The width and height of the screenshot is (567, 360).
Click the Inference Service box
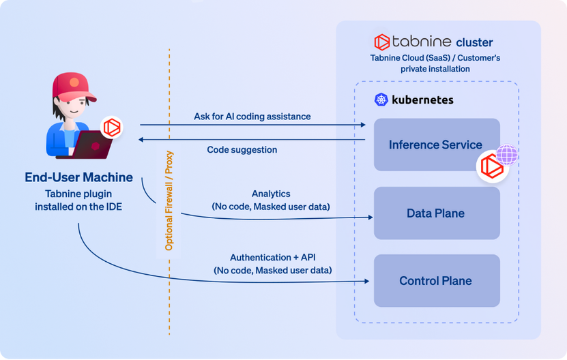(x=423, y=144)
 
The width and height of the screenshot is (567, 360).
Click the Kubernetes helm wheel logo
(x=381, y=100)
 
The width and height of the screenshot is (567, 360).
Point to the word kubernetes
(x=423, y=100)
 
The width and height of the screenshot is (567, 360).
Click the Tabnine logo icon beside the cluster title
(x=382, y=42)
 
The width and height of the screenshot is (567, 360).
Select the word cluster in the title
(x=474, y=42)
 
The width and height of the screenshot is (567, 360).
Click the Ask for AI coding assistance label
(x=252, y=117)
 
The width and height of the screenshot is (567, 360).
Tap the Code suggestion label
(x=242, y=149)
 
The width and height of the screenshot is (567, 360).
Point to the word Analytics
(x=271, y=194)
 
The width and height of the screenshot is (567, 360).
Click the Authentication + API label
(x=272, y=258)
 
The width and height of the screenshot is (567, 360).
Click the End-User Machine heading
(x=79, y=178)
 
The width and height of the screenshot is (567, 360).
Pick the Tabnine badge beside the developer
(x=111, y=127)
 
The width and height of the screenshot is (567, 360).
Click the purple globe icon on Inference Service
(x=507, y=155)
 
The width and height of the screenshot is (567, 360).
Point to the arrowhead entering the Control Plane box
(x=370, y=281)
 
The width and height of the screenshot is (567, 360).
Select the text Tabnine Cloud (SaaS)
(x=403, y=58)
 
